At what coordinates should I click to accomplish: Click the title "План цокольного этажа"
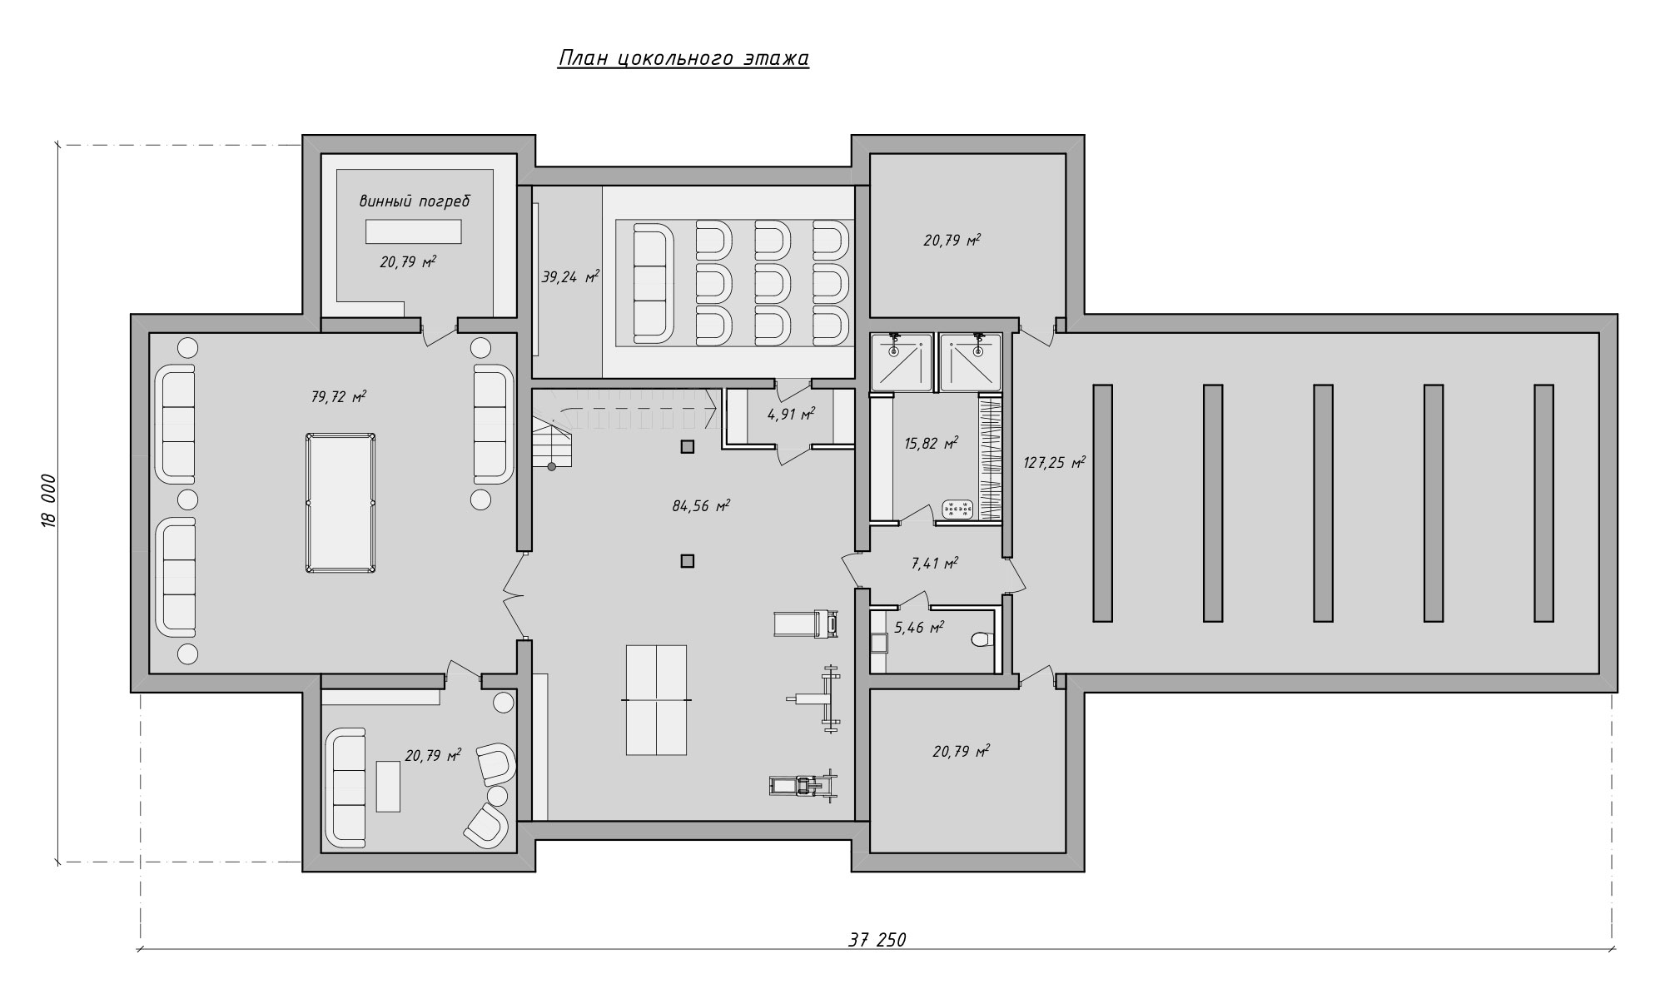tap(683, 58)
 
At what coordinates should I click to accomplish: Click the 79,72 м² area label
tap(339, 396)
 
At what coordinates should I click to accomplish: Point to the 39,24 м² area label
tap(570, 276)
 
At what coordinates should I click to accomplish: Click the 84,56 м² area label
tap(701, 504)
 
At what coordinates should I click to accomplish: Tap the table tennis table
tap(656, 700)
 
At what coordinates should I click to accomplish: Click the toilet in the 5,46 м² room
tap(982, 640)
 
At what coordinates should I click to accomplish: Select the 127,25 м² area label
tap(1055, 462)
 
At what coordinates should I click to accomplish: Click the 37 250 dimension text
tap(877, 940)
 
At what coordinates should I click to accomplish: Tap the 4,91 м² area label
tap(791, 414)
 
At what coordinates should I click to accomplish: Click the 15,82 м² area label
tap(932, 443)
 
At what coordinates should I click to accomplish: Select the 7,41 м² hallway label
tap(935, 563)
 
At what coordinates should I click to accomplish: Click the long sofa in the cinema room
tap(652, 282)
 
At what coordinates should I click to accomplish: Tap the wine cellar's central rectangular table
tap(413, 231)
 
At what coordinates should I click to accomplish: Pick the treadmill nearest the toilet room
tap(806, 624)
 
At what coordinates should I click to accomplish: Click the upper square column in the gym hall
tap(687, 447)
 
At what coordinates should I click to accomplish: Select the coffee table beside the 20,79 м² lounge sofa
tap(388, 786)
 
